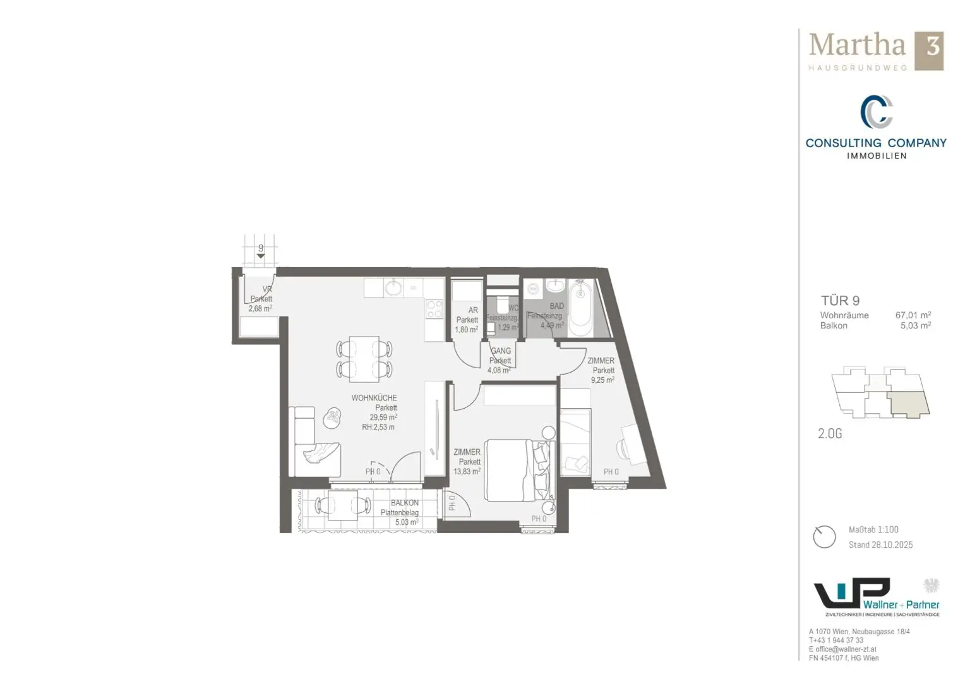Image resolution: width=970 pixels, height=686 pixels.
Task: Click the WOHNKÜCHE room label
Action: pos(374,398)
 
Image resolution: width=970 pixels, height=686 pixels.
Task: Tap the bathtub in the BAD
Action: pos(580,310)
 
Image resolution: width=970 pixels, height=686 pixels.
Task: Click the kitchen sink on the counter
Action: pos(393,289)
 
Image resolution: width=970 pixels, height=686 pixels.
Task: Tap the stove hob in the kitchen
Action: pos(434,310)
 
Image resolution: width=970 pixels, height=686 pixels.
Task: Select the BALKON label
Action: pos(404,503)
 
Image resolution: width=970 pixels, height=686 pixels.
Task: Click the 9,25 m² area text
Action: pos(602,380)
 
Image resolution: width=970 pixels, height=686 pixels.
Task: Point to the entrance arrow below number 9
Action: pos(260,256)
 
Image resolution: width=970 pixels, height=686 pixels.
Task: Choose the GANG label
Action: pos(501,351)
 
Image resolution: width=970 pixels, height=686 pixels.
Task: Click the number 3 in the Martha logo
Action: pos(932,48)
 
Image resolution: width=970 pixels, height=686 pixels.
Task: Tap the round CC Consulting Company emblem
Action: pos(876,112)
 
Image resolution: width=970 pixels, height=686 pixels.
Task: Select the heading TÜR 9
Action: pos(840,301)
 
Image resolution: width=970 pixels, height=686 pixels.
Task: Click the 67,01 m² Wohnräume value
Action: pos(913,315)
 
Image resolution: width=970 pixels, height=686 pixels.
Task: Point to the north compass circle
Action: pos(824,537)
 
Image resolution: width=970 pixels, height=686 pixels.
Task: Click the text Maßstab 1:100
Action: pos(873,529)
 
